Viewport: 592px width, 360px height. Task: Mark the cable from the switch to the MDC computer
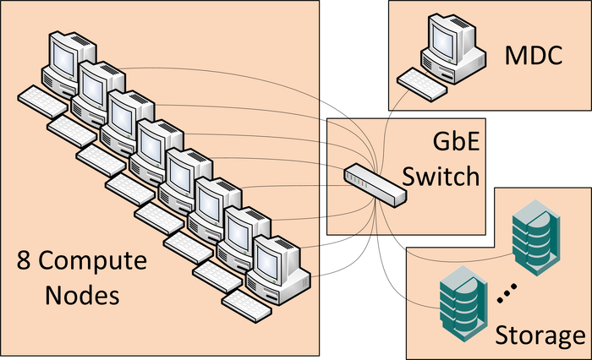click(386, 127)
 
